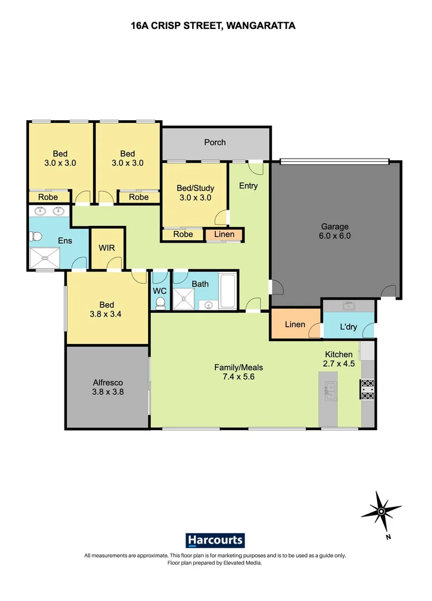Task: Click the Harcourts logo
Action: [x=215, y=540]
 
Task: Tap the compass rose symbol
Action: [x=381, y=511]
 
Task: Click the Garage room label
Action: [x=335, y=226]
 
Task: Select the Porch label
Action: [x=215, y=142]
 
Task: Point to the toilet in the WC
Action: [x=160, y=302]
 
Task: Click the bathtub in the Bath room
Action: [x=227, y=291]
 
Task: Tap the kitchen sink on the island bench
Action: [x=330, y=391]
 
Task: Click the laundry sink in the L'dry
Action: [x=350, y=306]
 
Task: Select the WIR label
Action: [x=107, y=248]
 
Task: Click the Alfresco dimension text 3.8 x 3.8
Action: [x=107, y=392]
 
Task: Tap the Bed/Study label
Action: [x=195, y=188]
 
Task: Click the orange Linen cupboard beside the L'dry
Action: [x=294, y=324]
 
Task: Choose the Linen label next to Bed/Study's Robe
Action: [x=224, y=234]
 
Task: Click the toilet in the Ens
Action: [x=35, y=237]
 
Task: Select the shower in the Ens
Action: [x=46, y=258]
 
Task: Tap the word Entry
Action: [x=248, y=186]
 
